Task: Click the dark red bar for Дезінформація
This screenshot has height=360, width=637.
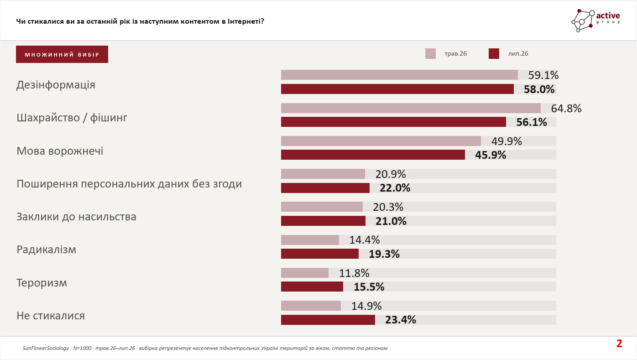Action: click(x=397, y=89)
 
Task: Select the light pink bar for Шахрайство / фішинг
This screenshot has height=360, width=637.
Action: click(x=411, y=108)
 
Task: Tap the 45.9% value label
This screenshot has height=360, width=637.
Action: click(x=491, y=155)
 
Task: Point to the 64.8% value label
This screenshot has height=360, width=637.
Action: click(x=566, y=108)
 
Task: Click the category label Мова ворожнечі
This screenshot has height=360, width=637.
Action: click(x=60, y=151)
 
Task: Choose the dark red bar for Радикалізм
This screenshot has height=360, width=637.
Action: click(x=319, y=254)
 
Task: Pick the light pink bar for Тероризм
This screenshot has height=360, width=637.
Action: click(x=304, y=273)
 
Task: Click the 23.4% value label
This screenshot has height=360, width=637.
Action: click(x=400, y=320)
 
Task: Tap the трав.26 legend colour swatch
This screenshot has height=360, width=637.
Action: click(x=430, y=54)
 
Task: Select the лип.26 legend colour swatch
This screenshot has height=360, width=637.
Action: click(x=494, y=54)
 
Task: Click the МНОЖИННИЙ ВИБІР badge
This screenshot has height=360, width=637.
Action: click(x=62, y=54)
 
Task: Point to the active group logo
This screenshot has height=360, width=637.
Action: click(x=596, y=21)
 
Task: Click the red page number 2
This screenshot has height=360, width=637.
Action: click(x=619, y=344)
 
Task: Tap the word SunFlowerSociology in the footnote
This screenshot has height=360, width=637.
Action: click(x=46, y=348)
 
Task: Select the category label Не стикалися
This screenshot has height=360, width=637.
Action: click(x=51, y=316)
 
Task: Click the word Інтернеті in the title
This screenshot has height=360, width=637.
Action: click(x=246, y=21)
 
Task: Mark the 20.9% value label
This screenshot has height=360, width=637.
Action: click(x=391, y=174)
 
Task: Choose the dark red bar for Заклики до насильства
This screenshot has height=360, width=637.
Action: click(x=323, y=221)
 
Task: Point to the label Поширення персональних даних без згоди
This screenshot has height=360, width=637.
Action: click(x=129, y=184)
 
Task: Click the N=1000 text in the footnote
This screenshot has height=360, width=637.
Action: click(x=82, y=348)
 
